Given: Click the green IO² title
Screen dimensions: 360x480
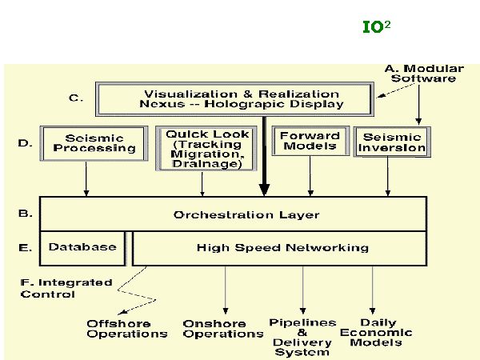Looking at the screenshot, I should (375, 27).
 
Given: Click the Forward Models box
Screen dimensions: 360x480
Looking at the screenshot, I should (310, 142).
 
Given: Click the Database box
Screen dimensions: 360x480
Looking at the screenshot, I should (82, 248).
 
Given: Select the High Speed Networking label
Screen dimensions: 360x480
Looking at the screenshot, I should (282, 248).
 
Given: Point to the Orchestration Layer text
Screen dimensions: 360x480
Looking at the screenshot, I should (246, 214).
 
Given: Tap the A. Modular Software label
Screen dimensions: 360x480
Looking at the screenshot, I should (420, 73).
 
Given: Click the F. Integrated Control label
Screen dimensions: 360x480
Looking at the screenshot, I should (59, 288).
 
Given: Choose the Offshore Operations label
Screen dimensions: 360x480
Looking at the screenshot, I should (128, 328).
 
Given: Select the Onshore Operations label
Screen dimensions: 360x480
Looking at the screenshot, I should (223, 328).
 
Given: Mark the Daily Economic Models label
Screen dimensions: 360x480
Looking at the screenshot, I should (375, 332).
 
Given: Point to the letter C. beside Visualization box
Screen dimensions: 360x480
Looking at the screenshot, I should (74, 98).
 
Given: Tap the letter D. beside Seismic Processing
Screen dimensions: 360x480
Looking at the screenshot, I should (24, 144).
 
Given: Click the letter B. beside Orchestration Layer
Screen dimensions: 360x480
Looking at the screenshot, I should (24, 214).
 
